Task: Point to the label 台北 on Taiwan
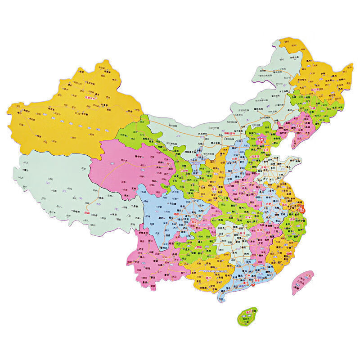[x=309, y=273]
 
